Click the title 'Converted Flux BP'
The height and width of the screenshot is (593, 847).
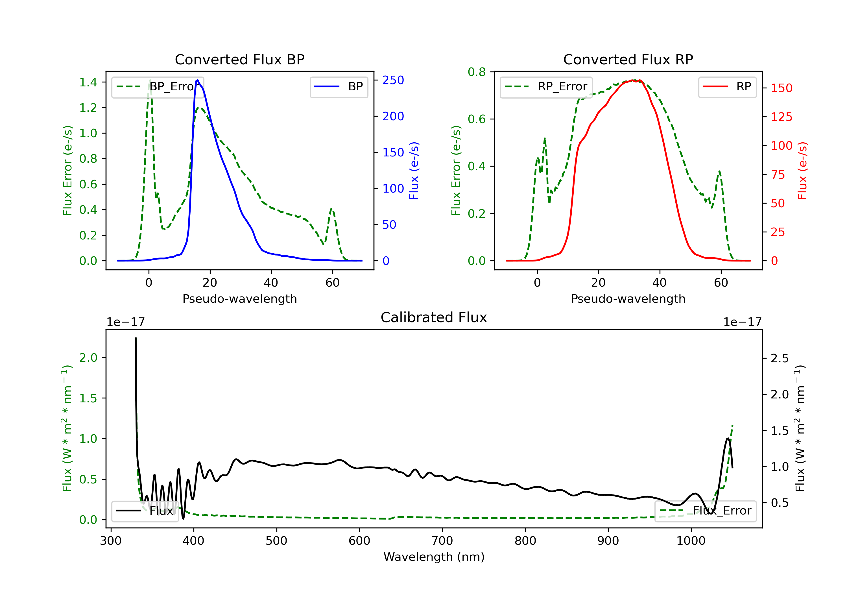tap(239, 59)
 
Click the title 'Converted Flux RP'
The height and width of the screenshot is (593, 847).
tap(628, 59)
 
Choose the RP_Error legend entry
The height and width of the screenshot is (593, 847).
tap(546, 87)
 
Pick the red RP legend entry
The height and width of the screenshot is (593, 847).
tap(727, 87)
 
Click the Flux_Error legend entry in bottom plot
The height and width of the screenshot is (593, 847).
tap(705, 511)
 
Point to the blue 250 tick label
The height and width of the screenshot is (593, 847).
tap(393, 80)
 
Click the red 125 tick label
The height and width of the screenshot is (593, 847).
tap(781, 117)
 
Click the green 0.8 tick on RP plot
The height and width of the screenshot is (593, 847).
tap(477, 72)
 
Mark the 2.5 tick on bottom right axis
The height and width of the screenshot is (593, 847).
tap(779, 358)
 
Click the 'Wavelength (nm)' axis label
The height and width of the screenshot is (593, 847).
tap(434, 557)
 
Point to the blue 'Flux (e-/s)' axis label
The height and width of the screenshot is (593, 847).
tap(414, 171)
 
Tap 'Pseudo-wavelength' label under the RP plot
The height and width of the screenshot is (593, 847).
tap(628, 299)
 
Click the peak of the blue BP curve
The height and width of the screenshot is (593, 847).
tap(198, 80)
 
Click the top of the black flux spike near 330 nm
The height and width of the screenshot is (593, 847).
tap(136, 338)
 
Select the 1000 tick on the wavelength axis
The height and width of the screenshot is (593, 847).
tap(691, 541)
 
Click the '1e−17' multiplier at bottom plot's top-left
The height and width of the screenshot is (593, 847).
tap(125, 322)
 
